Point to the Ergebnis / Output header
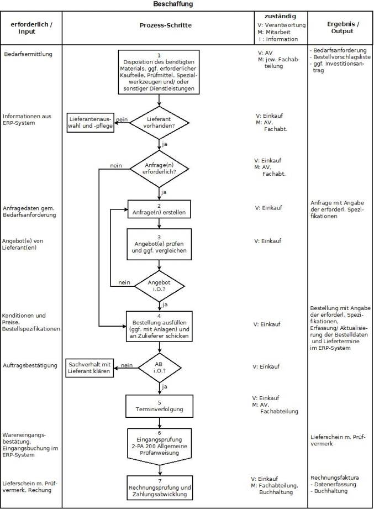coord(339,28)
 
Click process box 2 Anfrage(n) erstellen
coord(159,209)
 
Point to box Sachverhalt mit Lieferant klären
coord(90,368)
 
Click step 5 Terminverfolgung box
coord(159,407)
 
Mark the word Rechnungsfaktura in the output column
coord(335,477)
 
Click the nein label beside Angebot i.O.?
coord(124,282)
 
